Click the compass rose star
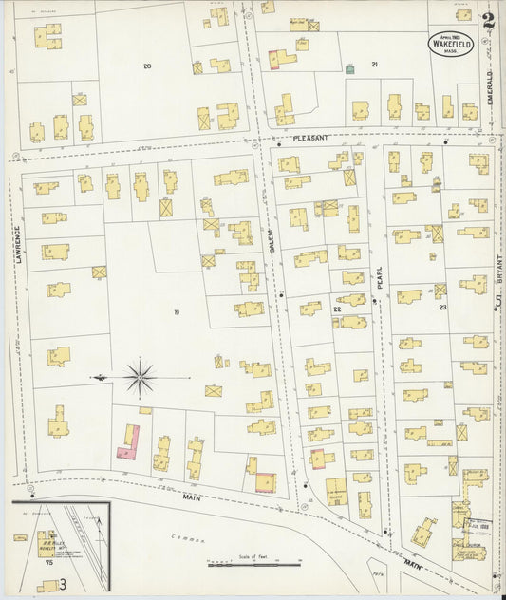[141, 379]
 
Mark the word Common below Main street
[190, 538]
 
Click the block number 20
[146, 66]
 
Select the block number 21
[374, 65]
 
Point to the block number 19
[176, 311]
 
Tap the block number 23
[441, 308]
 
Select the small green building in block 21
[351, 68]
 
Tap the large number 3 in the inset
[64, 584]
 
